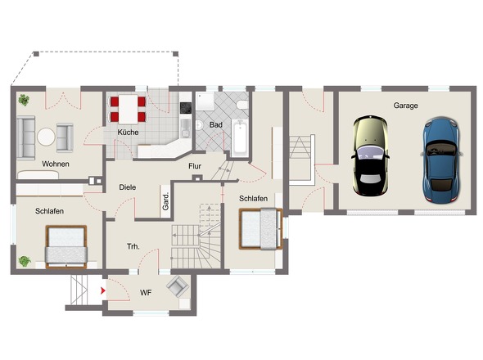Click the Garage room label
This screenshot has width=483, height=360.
[x=405, y=106]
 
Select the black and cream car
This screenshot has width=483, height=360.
[x=370, y=155]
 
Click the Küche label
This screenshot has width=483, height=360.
[x=128, y=132]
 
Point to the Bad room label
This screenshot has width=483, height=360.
[x=215, y=124]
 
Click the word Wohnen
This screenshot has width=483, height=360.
[x=56, y=164]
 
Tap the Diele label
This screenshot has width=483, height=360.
[x=128, y=187]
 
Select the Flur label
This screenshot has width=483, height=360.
[x=195, y=166]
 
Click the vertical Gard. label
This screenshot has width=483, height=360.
[x=165, y=202]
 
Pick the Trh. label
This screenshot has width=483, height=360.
[x=133, y=246]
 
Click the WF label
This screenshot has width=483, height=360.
[x=146, y=293]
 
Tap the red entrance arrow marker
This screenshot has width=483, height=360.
[x=103, y=290]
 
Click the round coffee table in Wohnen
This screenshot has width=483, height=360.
[x=46, y=137]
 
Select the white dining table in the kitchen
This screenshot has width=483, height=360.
[x=129, y=109]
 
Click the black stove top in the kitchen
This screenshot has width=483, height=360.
[x=186, y=108]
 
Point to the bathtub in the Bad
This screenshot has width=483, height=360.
[x=240, y=138]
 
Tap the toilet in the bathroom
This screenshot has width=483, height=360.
[x=243, y=105]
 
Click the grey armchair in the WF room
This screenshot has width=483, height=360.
[x=178, y=286]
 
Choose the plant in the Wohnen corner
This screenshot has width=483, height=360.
[x=24, y=100]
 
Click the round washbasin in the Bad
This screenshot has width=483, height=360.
[x=199, y=125]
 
